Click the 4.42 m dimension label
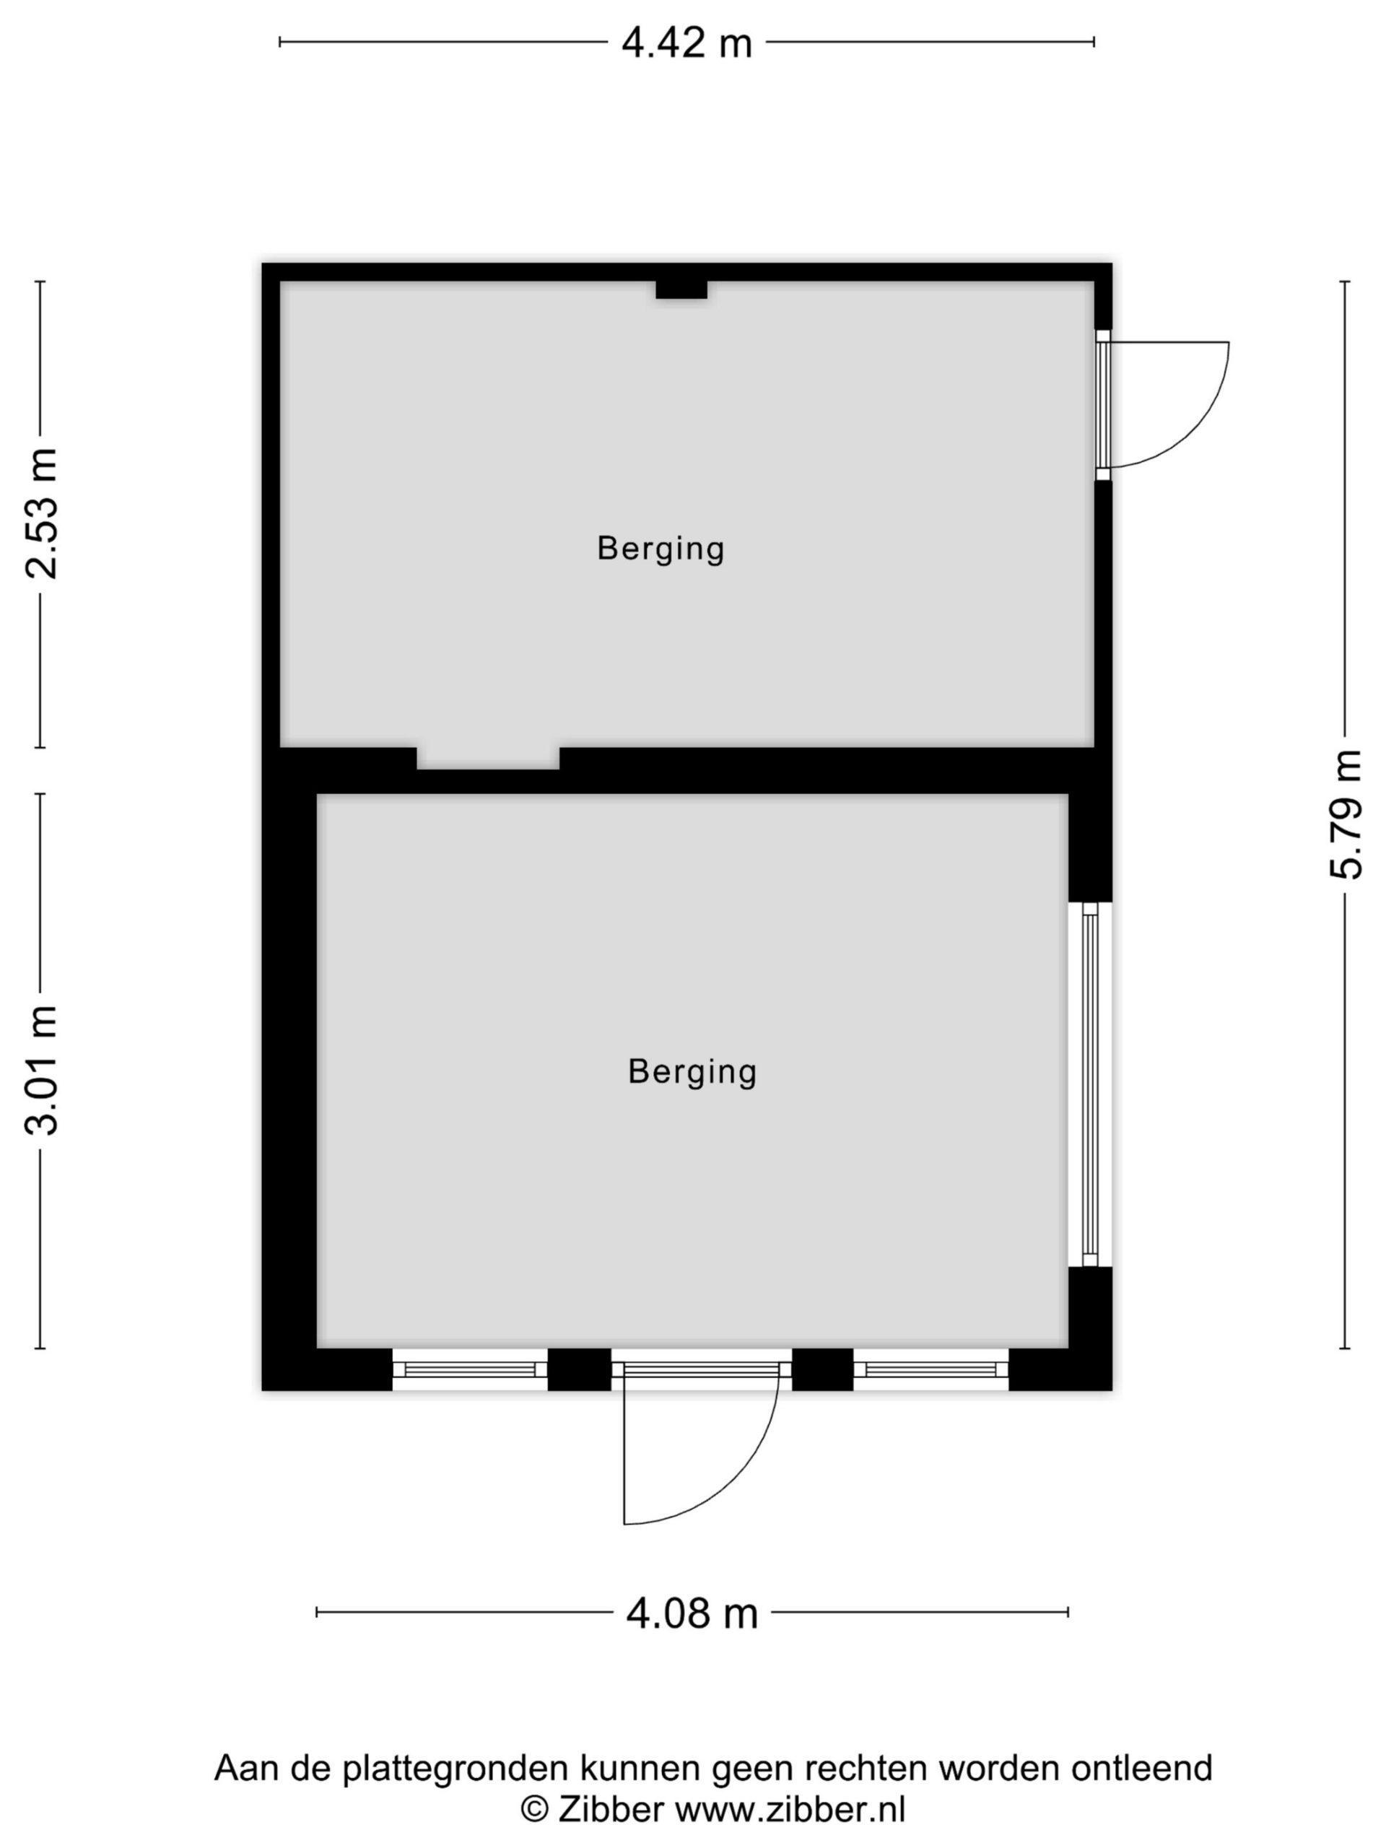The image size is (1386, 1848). (x=686, y=43)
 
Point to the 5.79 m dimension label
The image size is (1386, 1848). (x=1345, y=814)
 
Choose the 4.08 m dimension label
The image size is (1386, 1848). (x=692, y=1613)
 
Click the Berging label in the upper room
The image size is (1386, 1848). (x=660, y=549)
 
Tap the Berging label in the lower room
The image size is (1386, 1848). (x=692, y=1072)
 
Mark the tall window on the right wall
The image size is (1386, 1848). (x=1089, y=1084)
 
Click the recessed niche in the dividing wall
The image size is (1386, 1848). (x=488, y=758)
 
